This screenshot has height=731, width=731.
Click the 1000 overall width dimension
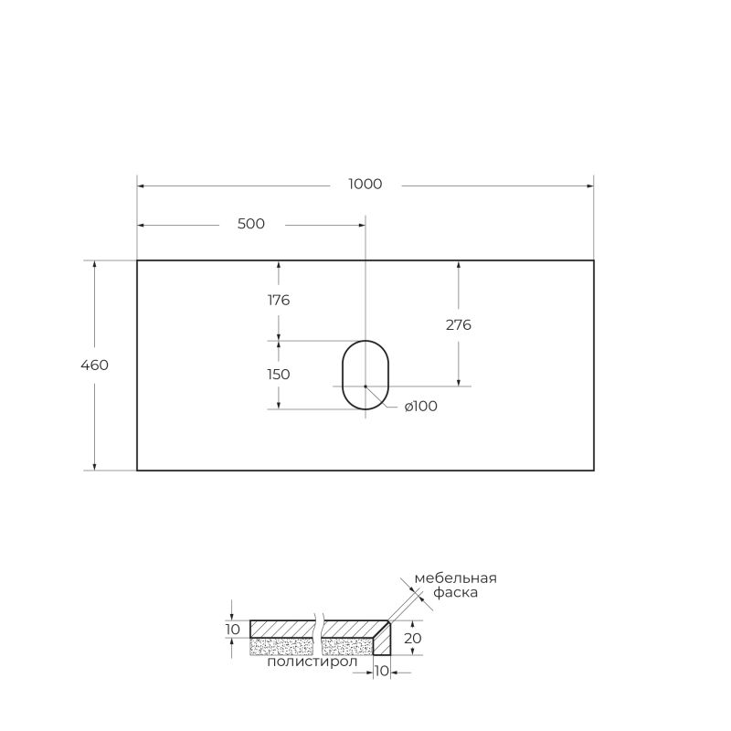coord(365,184)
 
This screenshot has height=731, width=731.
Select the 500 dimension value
coord(250,224)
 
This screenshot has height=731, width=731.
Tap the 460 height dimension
coord(95,365)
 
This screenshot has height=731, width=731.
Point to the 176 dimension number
coord(279,300)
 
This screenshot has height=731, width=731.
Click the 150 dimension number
coord(279,374)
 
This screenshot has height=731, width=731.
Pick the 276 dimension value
coord(459,324)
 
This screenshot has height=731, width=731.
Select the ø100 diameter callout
coord(420,406)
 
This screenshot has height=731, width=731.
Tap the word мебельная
coord(455,577)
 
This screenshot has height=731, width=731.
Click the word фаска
coord(455,593)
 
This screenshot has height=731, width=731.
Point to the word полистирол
coord(306,662)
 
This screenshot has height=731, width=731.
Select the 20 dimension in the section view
coord(413,638)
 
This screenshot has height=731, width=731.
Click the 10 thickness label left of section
coord(233,629)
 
